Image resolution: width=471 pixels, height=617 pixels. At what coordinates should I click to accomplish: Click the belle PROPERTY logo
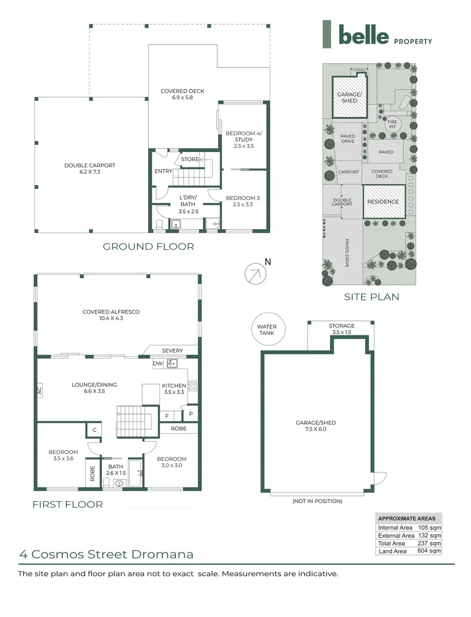click(x=377, y=34)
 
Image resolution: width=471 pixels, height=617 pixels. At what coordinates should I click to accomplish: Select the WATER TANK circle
click(x=268, y=329)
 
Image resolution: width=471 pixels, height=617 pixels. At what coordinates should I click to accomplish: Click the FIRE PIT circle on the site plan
click(x=392, y=125)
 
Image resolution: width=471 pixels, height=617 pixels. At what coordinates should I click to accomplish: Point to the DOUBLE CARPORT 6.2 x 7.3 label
click(x=90, y=169)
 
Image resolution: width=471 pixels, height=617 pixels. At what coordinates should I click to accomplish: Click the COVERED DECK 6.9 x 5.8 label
click(x=182, y=94)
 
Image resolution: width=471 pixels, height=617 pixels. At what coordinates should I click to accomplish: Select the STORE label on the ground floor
click(x=190, y=159)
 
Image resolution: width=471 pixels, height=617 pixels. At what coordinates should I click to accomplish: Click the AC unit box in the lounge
click(x=39, y=390)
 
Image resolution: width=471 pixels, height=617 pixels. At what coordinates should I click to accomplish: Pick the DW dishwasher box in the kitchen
click(x=158, y=363)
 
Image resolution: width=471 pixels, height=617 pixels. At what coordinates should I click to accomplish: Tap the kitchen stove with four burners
click(x=193, y=386)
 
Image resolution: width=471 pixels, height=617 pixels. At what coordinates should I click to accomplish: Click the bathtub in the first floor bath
click(x=135, y=472)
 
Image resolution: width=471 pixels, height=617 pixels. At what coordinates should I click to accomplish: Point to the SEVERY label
click(x=173, y=351)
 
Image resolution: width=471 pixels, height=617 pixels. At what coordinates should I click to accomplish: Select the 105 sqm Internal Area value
click(x=429, y=528)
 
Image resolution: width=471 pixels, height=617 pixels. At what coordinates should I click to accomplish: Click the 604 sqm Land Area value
click(x=429, y=551)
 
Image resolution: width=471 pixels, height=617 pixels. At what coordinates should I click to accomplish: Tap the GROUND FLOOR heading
click(x=149, y=247)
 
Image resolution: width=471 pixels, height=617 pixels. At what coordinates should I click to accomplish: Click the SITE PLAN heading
click(x=372, y=297)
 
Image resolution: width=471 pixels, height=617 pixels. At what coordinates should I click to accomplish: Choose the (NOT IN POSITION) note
click(x=317, y=501)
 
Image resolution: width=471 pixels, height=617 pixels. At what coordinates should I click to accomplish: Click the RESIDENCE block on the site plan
click(x=384, y=202)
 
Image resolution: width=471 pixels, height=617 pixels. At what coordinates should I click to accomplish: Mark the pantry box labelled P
click(x=191, y=414)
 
